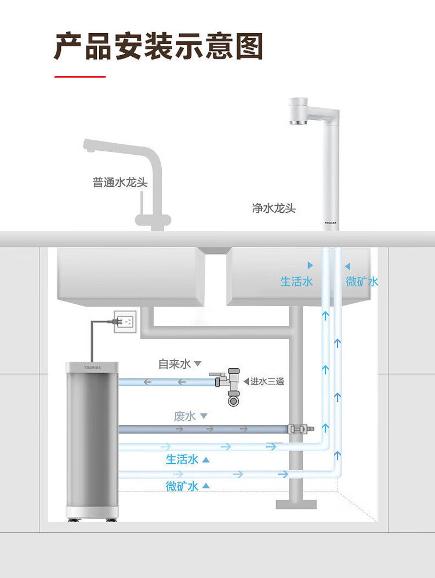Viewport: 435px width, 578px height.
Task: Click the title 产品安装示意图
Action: point(158,46)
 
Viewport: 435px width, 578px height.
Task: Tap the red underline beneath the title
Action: point(80,76)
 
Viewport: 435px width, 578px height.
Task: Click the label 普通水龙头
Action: point(120,183)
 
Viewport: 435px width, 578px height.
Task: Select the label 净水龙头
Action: point(274,208)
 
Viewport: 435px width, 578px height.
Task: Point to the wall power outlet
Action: point(125,321)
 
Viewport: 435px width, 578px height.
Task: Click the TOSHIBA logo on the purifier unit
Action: point(92,367)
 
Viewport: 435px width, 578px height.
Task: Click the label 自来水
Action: point(174,364)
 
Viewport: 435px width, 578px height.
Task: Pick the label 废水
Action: point(185,416)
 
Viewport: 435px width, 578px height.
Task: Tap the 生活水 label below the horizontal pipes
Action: point(182,460)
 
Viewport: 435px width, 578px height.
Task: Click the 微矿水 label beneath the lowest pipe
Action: point(182,486)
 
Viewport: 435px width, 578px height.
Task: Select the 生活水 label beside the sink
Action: point(296,282)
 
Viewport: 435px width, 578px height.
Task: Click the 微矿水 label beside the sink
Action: point(362,282)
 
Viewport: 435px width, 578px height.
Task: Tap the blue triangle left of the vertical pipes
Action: point(310,266)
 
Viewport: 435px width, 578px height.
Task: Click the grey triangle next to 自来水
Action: point(197,364)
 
